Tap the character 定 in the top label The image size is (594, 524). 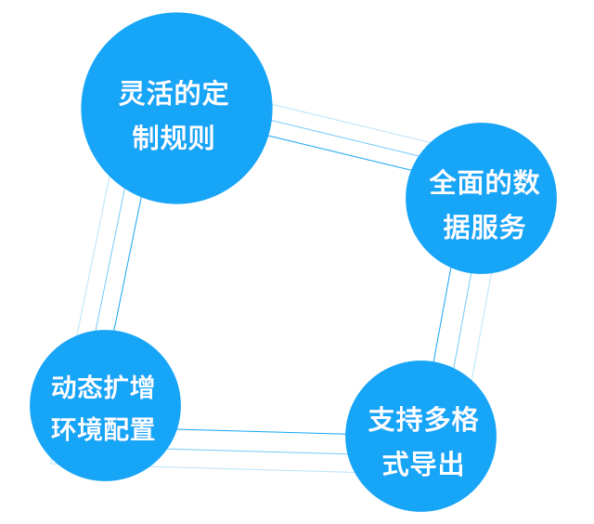coord(216,94)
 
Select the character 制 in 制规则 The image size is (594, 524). coord(146,138)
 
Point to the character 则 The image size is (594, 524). coord(201,138)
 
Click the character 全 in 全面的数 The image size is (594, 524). coord(444,183)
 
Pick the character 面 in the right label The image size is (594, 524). coord(471,183)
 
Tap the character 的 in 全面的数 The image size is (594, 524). coord(499,183)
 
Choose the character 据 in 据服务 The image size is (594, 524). coord(457,228)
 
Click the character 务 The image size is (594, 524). coord(512,228)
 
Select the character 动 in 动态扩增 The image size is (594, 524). coord(64,386)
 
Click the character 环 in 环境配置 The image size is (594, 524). coord(64,430)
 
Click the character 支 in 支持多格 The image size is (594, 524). coord(382,421)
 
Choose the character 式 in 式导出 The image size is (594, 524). coord(396,465)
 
